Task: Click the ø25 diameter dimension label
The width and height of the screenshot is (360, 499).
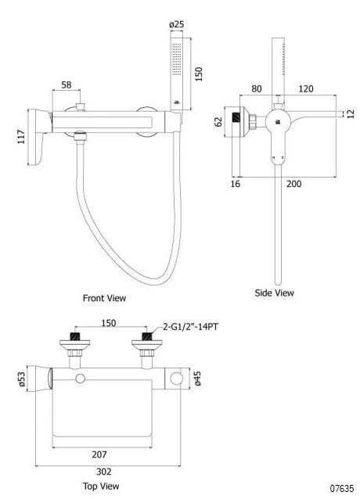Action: pyautogui.click(x=177, y=24)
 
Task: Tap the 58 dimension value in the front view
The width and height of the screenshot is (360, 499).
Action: pyautogui.click(x=67, y=85)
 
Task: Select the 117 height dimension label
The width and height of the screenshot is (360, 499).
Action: pyautogui.click(x=21, y=136)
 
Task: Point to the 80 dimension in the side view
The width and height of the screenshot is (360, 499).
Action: pyautogui.click(x=257, y=88)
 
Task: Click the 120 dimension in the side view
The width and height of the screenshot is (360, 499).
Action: pyautogui.click(x=306, y=88)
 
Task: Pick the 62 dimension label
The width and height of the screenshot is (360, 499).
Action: pyautogui.click(x=218, y=121)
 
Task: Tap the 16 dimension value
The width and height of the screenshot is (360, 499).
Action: pyautogui.click(x=235, y=184)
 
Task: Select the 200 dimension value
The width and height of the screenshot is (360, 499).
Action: pyautogui.click(x=293, y=184)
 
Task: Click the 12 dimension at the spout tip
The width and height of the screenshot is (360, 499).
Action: pyautogui.click(x=351, y=113)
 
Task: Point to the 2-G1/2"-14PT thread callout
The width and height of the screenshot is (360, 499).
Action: pyautogui.click(x=190, y=326)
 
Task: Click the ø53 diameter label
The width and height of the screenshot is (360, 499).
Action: pyautogui.click(x=22, y=379)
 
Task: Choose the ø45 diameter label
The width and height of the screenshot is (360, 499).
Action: pyautogui.click(x=198, y=379)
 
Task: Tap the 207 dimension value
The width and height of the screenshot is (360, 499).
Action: pyautogui.click(x=99, y=454)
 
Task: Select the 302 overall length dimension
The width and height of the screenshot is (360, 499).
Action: pyautogui.click(x=104, y=472)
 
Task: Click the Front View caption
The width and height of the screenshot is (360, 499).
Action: pyautogui.click(x=104, y=298)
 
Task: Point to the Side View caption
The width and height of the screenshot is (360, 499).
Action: pyautogui.click(x=274, y=293)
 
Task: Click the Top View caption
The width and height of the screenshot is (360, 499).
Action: pyautogui.click(x=101, y=486)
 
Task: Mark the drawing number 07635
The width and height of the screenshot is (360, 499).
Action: pyautogui.click(x=342, y=488)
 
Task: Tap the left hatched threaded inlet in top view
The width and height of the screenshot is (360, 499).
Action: pyautogui.click(x=75, y=336)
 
